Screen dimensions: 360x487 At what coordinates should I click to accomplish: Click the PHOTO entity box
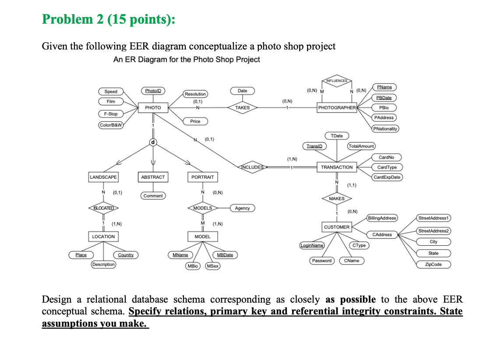[x=153, y=107]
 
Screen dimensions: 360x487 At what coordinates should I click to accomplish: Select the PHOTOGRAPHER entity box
[x=337, y=107]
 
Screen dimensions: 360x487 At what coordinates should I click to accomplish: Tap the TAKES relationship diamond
[x=242, y=107]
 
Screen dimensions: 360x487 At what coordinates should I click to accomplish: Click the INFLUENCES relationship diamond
[x=337, y=81]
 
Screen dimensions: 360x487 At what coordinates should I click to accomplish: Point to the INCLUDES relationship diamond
[x=253, y=167]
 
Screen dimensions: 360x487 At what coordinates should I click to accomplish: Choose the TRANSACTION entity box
[x=337, y=167]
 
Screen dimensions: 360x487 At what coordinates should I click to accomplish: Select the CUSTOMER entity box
[x=337, y=227]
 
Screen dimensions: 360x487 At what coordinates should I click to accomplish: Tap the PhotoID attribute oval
[x=153, y=91]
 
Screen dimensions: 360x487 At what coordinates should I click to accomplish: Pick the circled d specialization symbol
[x=153, y=142]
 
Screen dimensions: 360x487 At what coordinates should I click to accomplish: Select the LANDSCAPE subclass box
[x=103, y=177]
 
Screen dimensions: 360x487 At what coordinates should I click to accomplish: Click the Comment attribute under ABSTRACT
[x=153, y=196]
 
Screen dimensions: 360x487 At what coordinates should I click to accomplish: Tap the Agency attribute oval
[x=242, y=208]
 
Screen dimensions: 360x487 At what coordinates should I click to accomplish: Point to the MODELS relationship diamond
[x=202, y=208]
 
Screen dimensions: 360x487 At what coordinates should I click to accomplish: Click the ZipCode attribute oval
[x=433, y=265]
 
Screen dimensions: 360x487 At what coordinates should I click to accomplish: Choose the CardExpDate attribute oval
[x=387, y=177]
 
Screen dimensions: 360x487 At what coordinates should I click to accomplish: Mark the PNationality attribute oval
[x=385, y=129]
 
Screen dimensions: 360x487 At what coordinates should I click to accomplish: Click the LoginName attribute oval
[x=311, y=246]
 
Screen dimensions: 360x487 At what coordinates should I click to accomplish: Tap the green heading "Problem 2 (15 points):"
[x=108, y=20]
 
